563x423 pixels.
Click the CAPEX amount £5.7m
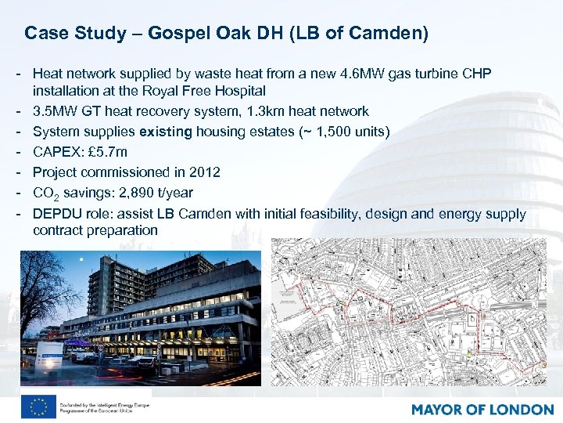106,151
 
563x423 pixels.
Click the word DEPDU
56,214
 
